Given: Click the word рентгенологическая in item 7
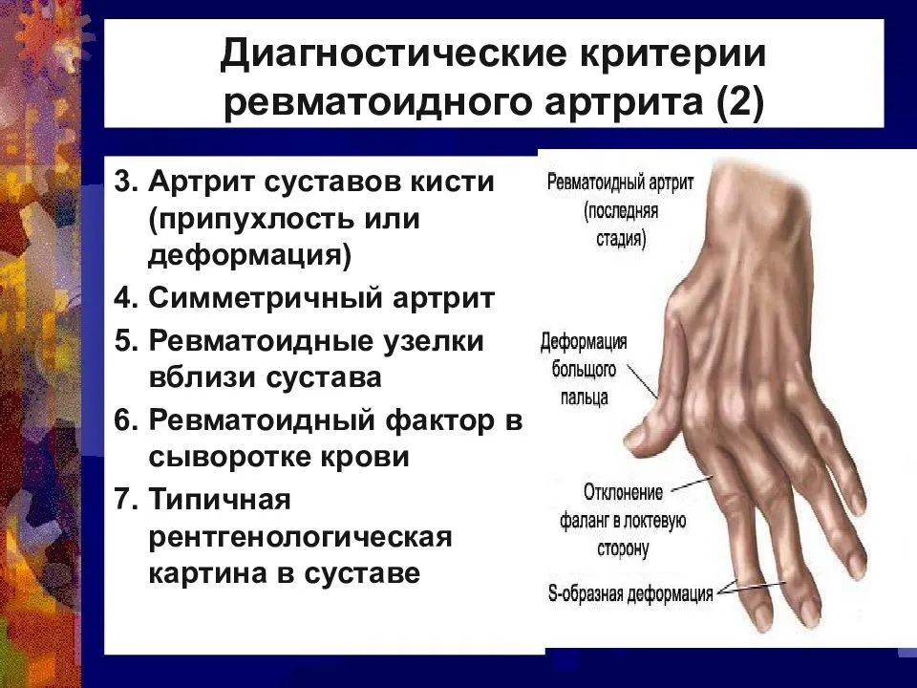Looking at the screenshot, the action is (301, 537).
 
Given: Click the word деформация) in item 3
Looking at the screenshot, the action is (249, 256).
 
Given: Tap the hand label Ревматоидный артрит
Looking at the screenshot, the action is (621, 182).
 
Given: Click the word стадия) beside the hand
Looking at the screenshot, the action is (621, 238).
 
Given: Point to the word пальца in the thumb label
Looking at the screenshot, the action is (585, 398).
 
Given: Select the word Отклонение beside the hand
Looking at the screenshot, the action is (624, 492).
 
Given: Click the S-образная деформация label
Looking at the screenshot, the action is (631, 594).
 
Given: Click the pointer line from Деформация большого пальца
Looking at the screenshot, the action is (643, 381).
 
